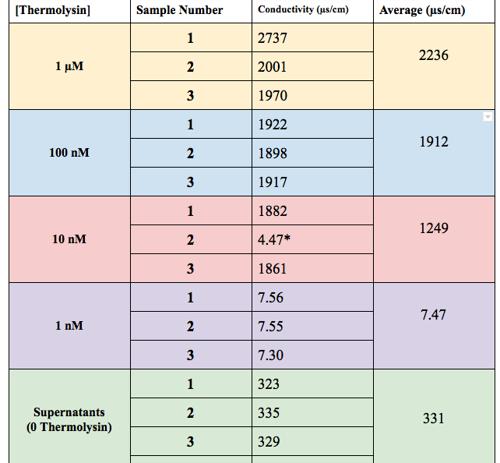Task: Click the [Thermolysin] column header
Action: [x=41, y=10]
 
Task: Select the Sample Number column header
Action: [x=179, y=10]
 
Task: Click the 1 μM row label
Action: [x=69, y=66]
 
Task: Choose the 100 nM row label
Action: [x=69, y=153]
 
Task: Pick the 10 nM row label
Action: [x=69, y=239]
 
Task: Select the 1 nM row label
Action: [x=69, y=326]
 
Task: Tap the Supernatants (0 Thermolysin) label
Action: [x=69, y=419]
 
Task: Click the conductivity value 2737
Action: [x=273, y=38]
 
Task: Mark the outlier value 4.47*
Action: [x=274, y=240]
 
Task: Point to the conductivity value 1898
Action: [x=273, y=154]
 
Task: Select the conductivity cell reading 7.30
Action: [x=271, y=355]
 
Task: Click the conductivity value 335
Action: [x=269, y=413]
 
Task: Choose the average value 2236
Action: [x=434, y=55]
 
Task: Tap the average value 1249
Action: [x=434, y=228]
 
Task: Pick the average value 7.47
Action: [x=434, y=315]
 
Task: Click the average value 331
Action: [x=434, y=419]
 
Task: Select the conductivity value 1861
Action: [x=273, y=269]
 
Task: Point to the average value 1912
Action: [x=434, y=142]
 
